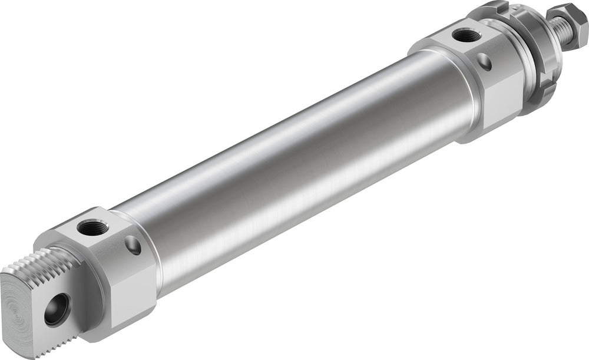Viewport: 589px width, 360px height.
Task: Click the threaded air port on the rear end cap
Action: point(91,225)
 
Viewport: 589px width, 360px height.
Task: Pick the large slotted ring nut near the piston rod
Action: point(533,59)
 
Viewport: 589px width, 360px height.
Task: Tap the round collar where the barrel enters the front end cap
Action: point(454,94)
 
